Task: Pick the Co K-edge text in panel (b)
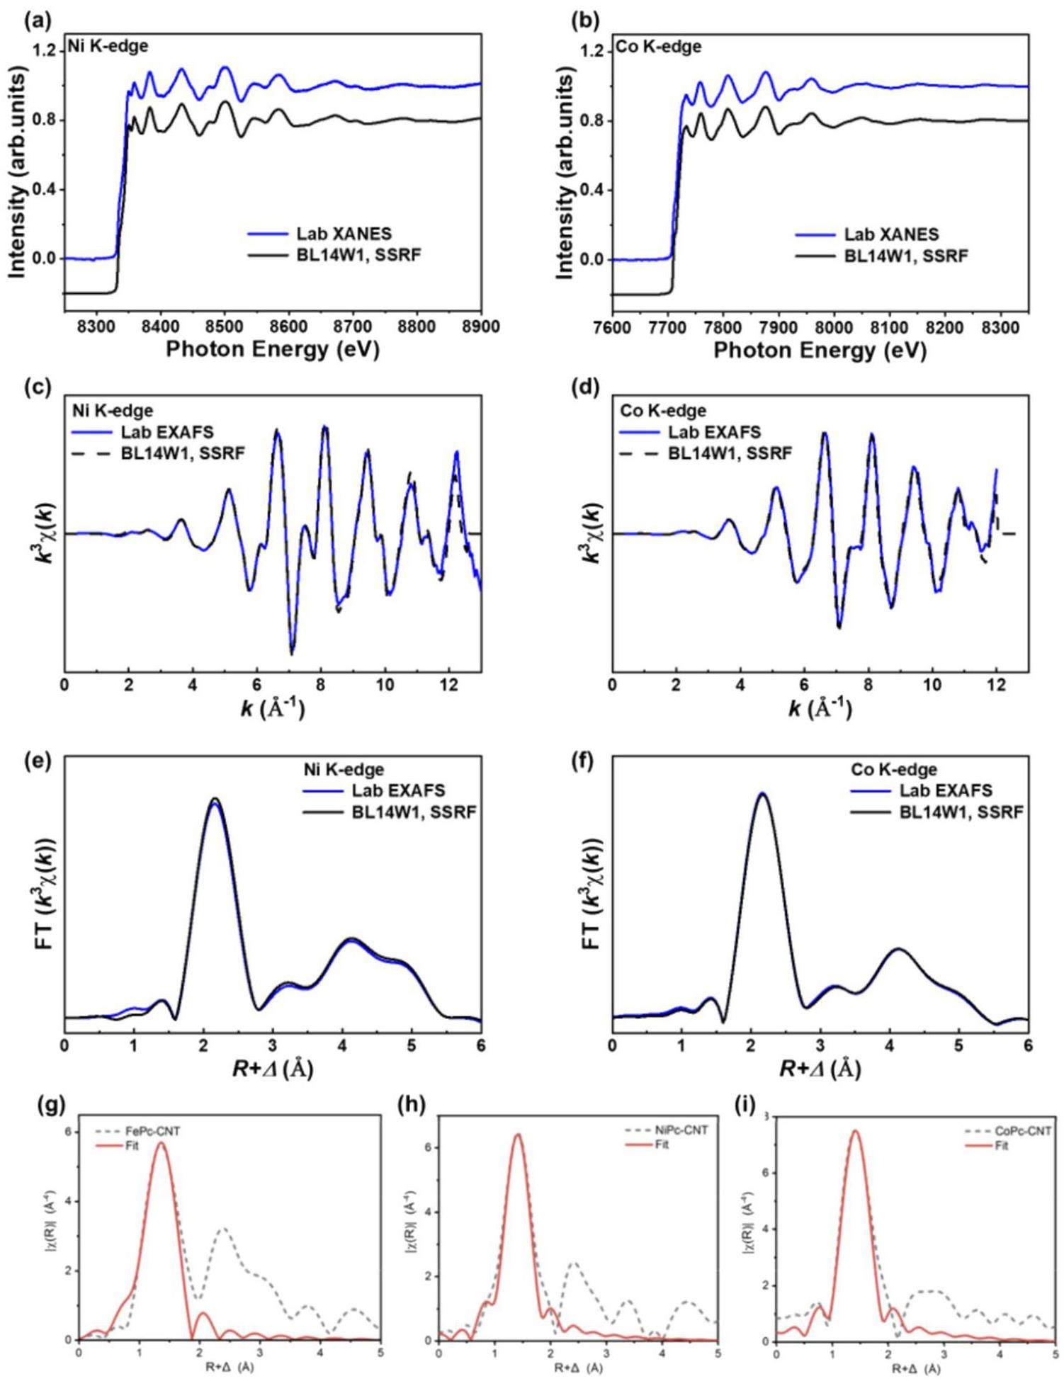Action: pos(659,47)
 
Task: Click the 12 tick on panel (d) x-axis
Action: pos(996,686)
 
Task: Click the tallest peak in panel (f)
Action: pos(762,795)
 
